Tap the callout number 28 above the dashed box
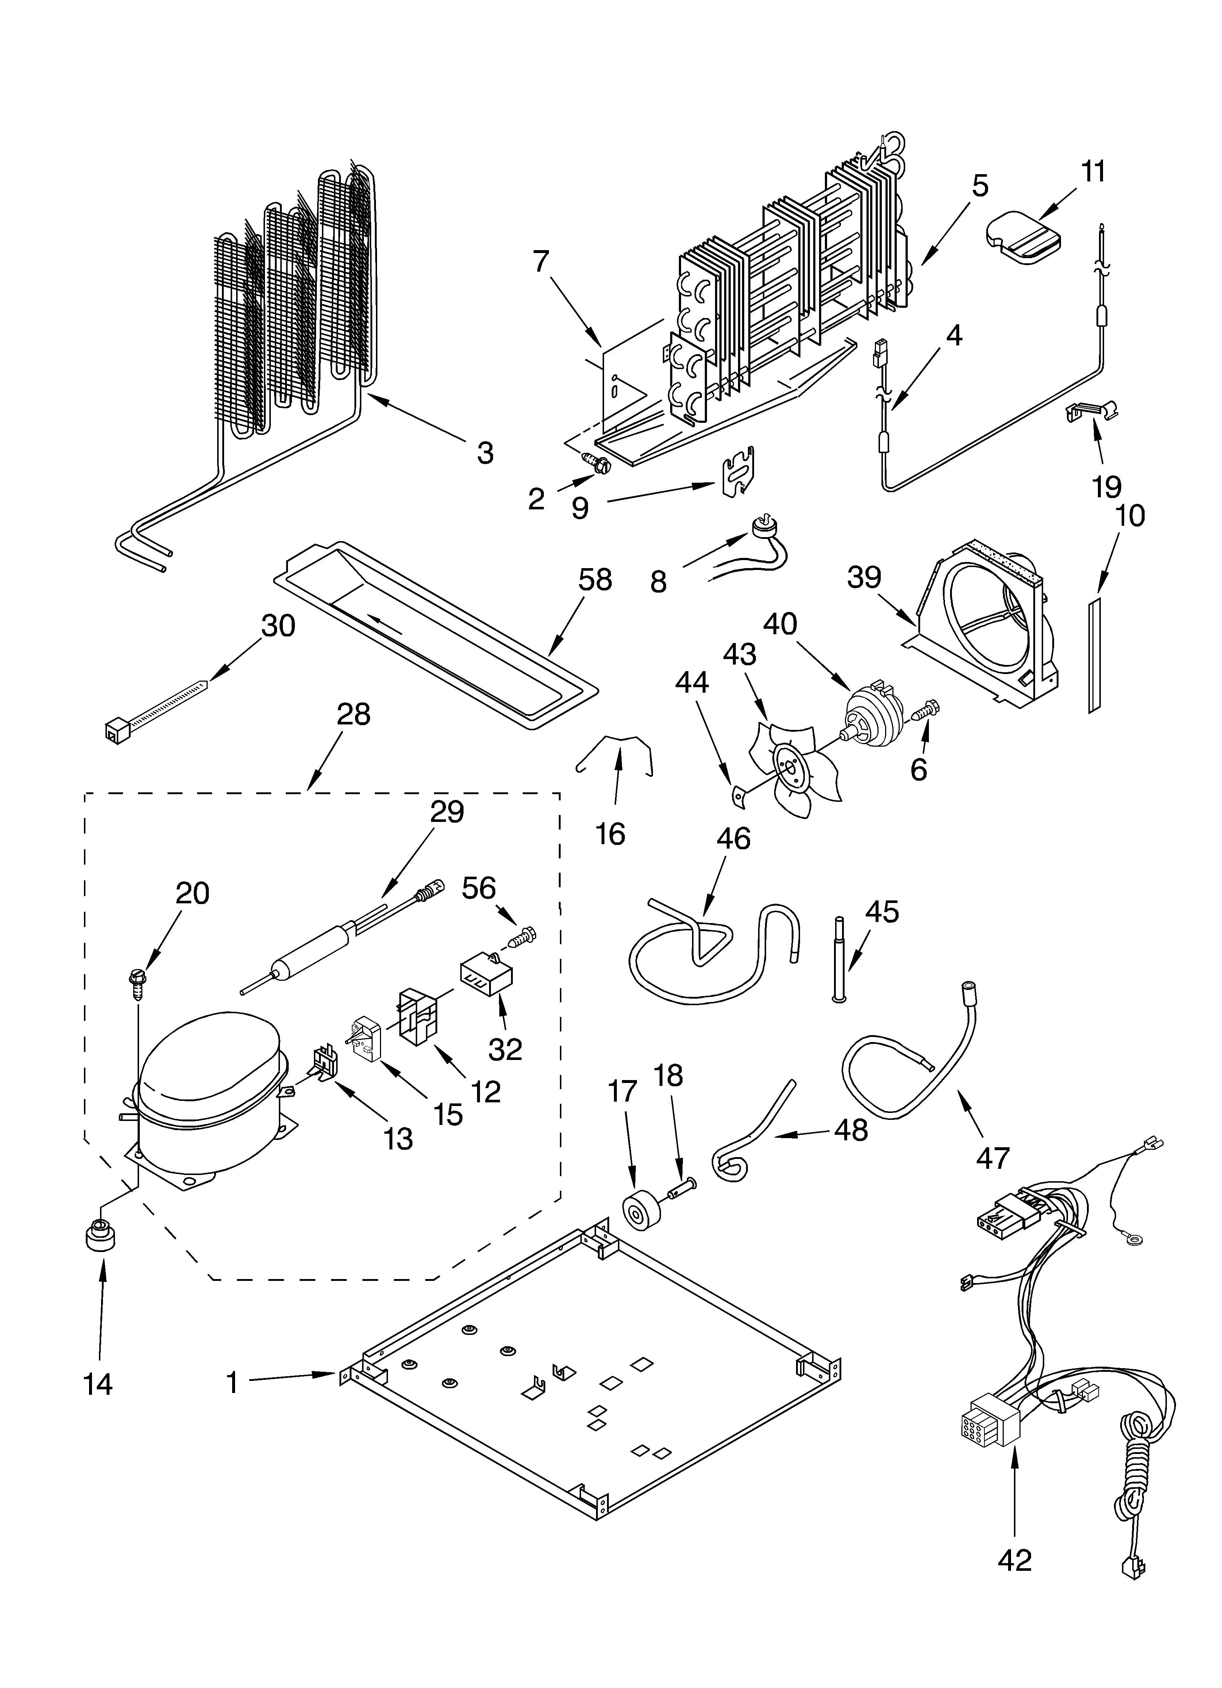coord(353,715)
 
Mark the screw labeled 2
coord(597,463)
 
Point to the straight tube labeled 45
coord(839,960)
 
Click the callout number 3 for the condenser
coord(484,452)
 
